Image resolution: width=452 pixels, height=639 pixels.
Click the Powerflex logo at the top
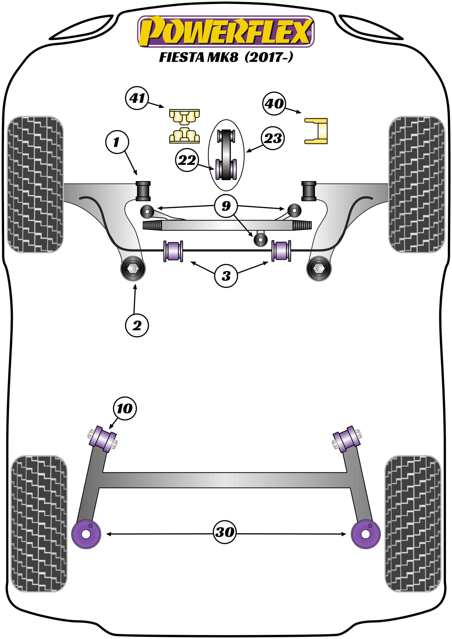(226, 31)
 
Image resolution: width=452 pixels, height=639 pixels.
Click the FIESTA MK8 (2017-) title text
(226, 57)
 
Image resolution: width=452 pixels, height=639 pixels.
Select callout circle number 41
(137, 98)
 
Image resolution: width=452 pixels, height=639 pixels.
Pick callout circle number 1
(117, 142)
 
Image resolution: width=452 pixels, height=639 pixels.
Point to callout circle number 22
(187, 160)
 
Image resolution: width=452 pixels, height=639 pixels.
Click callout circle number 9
(226, 206)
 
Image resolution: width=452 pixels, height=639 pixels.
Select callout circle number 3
(226, 276)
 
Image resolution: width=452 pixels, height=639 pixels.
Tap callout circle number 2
(137, 325)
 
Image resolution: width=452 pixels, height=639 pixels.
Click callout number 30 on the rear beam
(225, 532)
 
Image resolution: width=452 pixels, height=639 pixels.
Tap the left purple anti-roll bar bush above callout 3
(173, 251)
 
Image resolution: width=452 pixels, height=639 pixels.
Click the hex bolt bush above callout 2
(133, 269)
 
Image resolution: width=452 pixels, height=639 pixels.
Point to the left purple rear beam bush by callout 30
(86, 534)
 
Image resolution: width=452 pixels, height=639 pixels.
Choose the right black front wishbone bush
(309, 191)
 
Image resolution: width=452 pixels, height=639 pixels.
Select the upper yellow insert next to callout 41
(184, 117)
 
